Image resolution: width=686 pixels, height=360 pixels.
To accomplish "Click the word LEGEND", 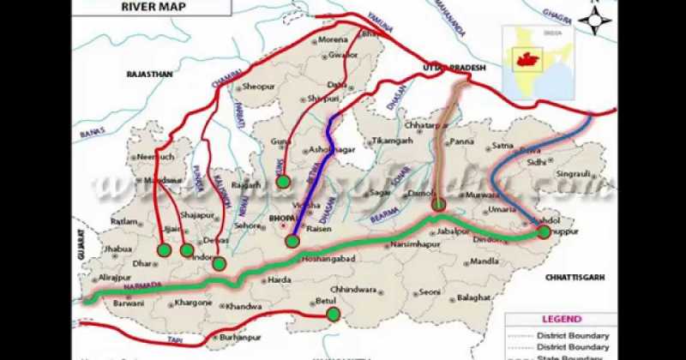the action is pos(560,320).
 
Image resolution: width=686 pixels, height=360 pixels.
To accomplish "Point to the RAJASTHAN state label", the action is pos(150,75).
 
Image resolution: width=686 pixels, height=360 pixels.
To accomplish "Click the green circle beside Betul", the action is pos(333,315).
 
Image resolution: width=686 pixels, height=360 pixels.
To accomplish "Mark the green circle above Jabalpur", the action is pos(439,204).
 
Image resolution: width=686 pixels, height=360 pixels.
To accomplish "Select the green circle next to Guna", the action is pos(283,181).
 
